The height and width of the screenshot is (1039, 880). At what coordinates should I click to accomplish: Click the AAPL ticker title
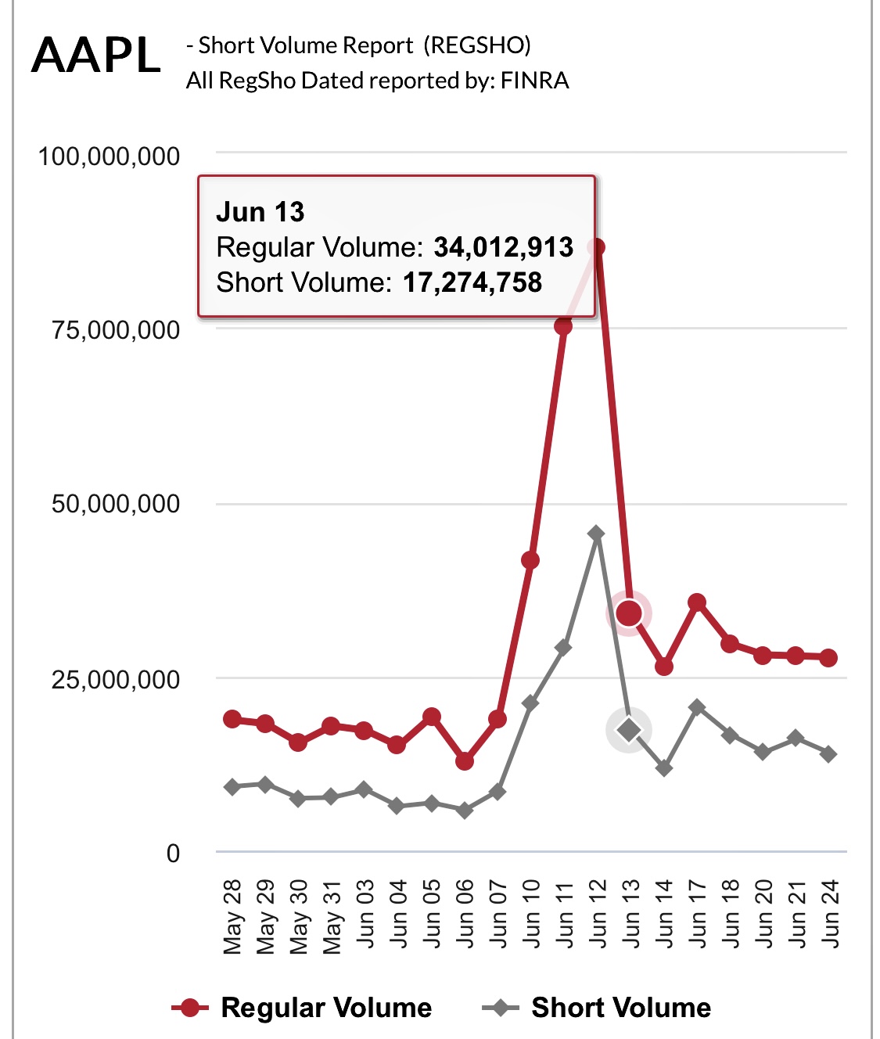(x=96, y=56)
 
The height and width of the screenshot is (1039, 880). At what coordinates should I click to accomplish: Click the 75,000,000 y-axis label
(x=116, y=330)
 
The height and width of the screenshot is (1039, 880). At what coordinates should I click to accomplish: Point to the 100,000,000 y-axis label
(x=109, y=156)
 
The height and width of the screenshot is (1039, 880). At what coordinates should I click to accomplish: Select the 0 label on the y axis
(x=173, y=854)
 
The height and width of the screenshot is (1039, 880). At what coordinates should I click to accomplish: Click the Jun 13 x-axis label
(x=630, y=914)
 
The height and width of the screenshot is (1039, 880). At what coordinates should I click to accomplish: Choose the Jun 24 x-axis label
(x=829, y=914)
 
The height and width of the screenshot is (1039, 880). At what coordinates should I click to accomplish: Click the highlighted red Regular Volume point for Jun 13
(x=629, y=613)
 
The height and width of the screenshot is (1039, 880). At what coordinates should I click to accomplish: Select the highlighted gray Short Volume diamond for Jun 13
(x=629, y=730)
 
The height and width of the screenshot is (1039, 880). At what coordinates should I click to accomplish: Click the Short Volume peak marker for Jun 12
(x=596, y=534)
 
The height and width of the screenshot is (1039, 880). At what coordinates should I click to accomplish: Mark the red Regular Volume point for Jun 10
(x=530, y=560)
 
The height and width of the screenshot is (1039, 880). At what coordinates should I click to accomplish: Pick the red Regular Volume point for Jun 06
(x=465, y=760)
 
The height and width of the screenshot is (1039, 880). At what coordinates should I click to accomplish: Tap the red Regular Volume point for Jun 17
(x=697, y=602)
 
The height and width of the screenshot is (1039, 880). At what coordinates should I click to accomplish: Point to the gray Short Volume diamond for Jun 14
(x=664, y=768)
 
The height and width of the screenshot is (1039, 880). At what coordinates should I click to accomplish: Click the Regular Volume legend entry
(x=302, y=1008)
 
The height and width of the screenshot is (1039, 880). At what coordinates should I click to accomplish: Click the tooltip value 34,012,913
(x=504, y=247)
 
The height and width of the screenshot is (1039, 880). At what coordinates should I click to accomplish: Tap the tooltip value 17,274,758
(x=472, y=282)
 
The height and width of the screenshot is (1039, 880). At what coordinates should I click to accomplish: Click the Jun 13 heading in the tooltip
(x=260, y=212)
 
